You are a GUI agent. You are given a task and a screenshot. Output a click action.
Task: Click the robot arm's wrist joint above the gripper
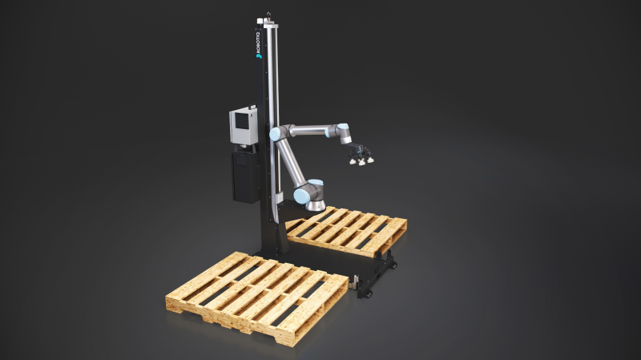[343, 133]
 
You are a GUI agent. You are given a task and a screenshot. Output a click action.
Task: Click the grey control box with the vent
[242, 127]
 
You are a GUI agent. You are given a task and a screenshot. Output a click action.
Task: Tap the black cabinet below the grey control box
[244, 176]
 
